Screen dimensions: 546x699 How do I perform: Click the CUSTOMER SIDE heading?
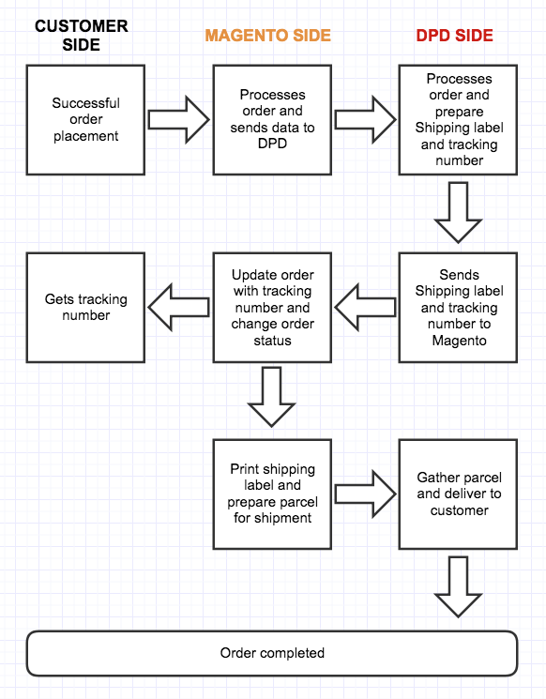click(x=81, y=36)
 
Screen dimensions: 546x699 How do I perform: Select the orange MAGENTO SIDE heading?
click(x=268, y=36)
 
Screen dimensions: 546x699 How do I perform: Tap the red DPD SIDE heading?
click(x=455, y=36)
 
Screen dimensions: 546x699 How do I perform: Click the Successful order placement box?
click(x=85, y=119)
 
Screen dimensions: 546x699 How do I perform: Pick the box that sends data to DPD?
click(x=272, y=119)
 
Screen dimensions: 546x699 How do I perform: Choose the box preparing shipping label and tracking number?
click(x=458, y=119)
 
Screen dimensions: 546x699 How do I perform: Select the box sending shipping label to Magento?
click(x=458, y=308)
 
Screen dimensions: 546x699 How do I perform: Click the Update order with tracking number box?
click(x=272, y=308)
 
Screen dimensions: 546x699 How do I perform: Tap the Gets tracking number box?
click(x=85, y=308)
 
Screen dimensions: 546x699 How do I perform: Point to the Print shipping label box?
click(x=272, y=494)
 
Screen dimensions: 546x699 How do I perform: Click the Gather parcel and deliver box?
click(x=458, y=494)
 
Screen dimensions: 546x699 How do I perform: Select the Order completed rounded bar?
click(x=272, y=653)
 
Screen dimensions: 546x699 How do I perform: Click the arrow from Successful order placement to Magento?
click(x=179, y=119)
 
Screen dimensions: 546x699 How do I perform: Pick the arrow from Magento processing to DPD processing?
click(x=366, y=119)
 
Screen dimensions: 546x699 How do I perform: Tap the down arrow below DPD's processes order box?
click(x=458, y=213)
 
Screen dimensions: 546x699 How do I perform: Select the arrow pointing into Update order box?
click(x=366, y=308)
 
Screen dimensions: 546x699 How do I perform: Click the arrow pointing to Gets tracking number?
click(x=179, y=308)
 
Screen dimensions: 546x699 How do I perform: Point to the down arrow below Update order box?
click(x=271, y=397)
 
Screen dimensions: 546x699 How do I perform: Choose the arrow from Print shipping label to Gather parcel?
click(x=366, y=494)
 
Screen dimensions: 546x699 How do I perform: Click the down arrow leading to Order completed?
click(x=458, y=587)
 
